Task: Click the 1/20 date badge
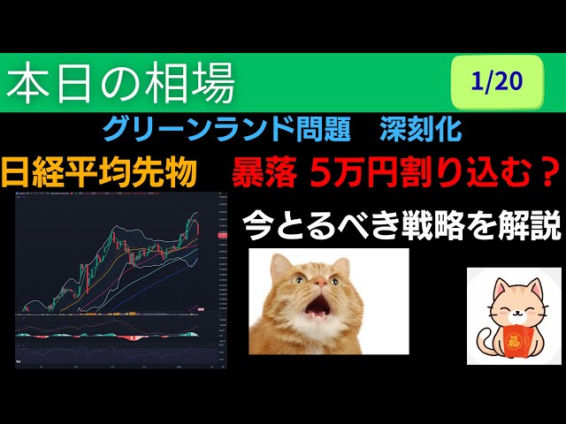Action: [x=498, y=82]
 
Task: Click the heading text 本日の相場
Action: [x=121, y=84]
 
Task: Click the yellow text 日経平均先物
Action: [x=99, y=171]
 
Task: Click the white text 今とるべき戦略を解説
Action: [x=402, y=226]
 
